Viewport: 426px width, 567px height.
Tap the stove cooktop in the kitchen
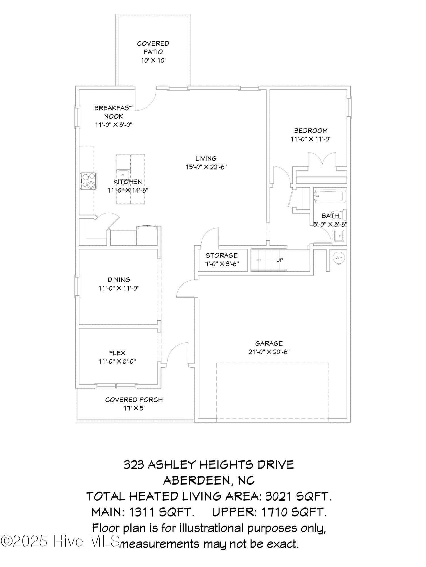pos(88,181)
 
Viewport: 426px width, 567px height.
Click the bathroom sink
pos(339,236)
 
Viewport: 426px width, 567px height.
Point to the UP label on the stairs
pos(279,260)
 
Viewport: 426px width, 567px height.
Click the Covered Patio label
pos(153,48)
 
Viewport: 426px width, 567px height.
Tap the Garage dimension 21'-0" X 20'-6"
pos(269,352)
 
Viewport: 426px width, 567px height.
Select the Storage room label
pos(222,255)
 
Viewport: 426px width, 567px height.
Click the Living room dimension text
pos(206,167)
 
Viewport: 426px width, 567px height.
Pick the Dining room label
pos(119,280)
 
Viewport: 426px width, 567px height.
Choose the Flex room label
pos(117,353)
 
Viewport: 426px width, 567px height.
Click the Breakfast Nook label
pos(114,112)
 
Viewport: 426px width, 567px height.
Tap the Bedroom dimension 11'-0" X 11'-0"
pos(311,139)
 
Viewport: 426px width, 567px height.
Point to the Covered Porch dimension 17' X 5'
pos(134,408)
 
